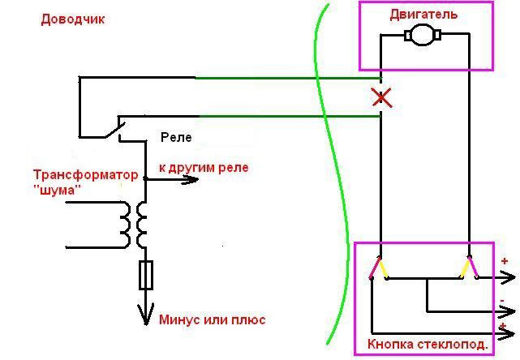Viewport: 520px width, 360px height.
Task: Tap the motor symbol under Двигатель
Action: coord(422,35)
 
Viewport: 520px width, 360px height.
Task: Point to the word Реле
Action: coord(176,137)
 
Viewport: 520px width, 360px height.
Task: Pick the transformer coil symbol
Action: coord(134,223)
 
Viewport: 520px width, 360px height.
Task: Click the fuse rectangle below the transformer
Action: coord(147,275)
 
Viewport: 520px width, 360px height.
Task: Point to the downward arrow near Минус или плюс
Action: coord(147,315)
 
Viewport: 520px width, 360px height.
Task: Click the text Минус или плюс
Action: coord(213,319)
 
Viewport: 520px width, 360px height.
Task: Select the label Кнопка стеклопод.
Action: coord(428,344)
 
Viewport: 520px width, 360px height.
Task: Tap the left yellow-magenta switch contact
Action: coord(378,268)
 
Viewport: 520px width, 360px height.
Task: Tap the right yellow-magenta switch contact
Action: coord(469,268)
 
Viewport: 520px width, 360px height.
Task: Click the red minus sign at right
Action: coord(504,300)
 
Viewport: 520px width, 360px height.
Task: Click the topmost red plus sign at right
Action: coord(505,261)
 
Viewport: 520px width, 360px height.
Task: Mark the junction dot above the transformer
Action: coord(146,178)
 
